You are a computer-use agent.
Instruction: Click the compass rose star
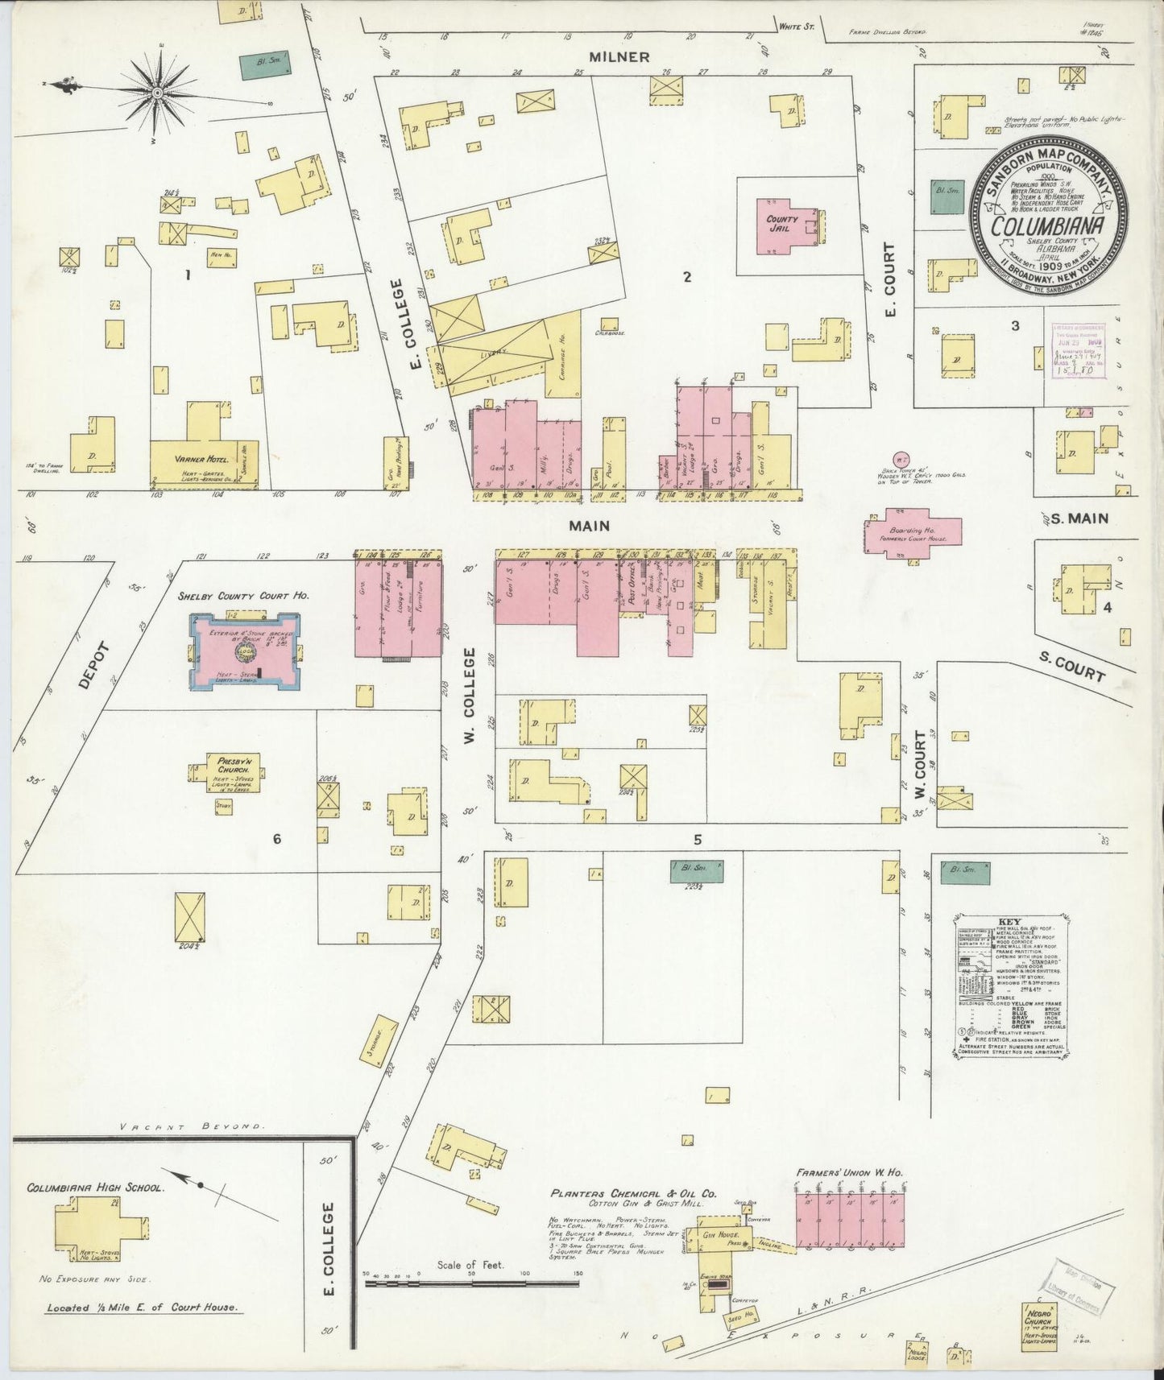click(x=158, y=94)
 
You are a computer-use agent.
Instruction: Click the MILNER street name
click(x=619, y=56)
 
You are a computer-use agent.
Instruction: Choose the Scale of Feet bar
click(x=471, y=1282)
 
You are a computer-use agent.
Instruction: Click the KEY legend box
click(x=1012, y=984)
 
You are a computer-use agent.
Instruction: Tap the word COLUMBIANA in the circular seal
click(x=1047, y=226)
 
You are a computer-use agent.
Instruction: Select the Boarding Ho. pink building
click(x=913, y=531)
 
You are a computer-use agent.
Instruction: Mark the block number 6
click(x=276, y=839)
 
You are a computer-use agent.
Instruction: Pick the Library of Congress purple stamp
click(x=1078, y=351)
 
